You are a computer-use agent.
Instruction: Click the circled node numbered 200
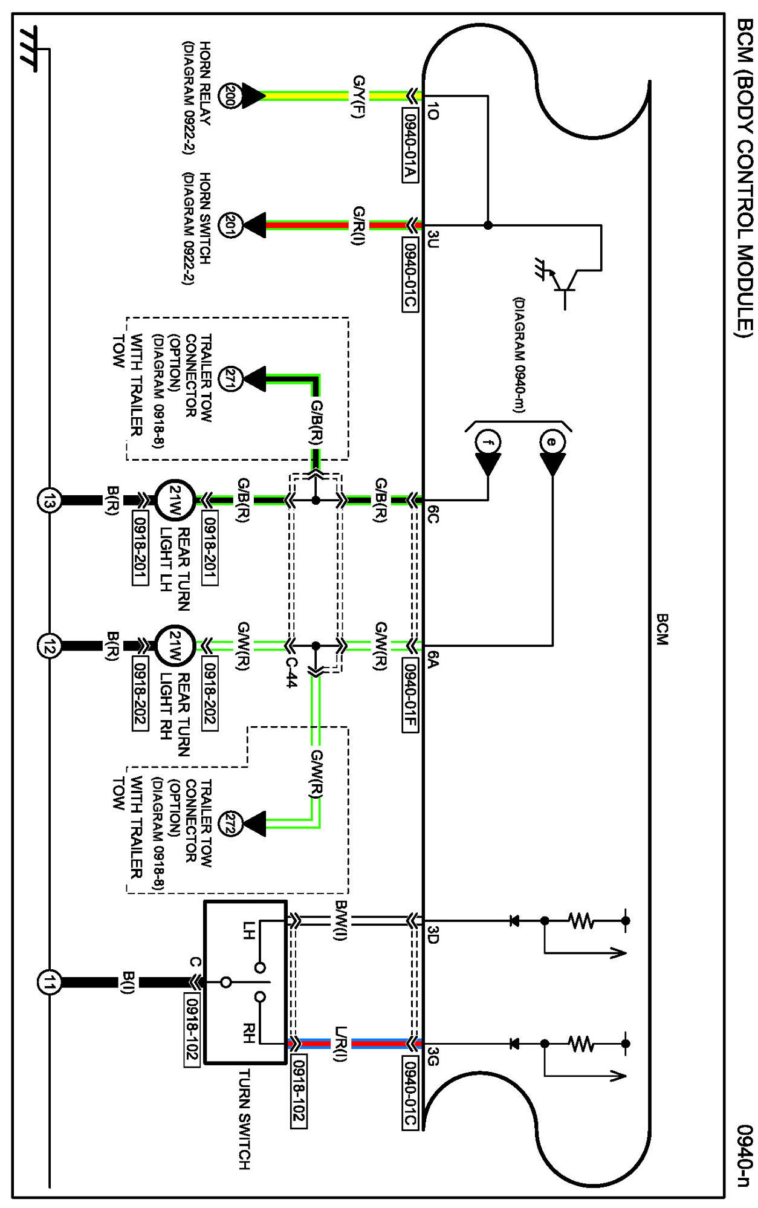pos(230,96)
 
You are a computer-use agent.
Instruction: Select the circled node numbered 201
pos(230,225)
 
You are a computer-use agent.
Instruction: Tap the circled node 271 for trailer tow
pos(230,379)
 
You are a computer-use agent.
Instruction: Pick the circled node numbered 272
pos(230,823)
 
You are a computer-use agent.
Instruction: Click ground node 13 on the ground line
pos(49,501)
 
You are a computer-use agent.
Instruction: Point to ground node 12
pos(49,646)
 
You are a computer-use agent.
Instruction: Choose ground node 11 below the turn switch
pos(49,982)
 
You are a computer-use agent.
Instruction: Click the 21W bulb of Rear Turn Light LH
pos(175,501)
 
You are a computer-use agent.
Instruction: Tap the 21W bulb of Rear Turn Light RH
pos(175,646)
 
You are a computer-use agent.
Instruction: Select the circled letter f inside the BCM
pos(488,442)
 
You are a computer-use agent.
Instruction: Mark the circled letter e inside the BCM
pos(552,442)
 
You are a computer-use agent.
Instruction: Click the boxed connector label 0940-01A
pos(410,145)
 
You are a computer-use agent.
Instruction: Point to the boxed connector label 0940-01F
pos(410,695)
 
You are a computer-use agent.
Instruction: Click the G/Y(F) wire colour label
pos(359,96)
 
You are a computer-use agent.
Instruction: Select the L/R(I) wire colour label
pos(341,1044)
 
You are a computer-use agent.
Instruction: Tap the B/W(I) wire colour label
pos(341,920)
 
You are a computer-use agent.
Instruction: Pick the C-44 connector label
pos(291,672)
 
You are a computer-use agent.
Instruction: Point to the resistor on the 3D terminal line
pos(581,921)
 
